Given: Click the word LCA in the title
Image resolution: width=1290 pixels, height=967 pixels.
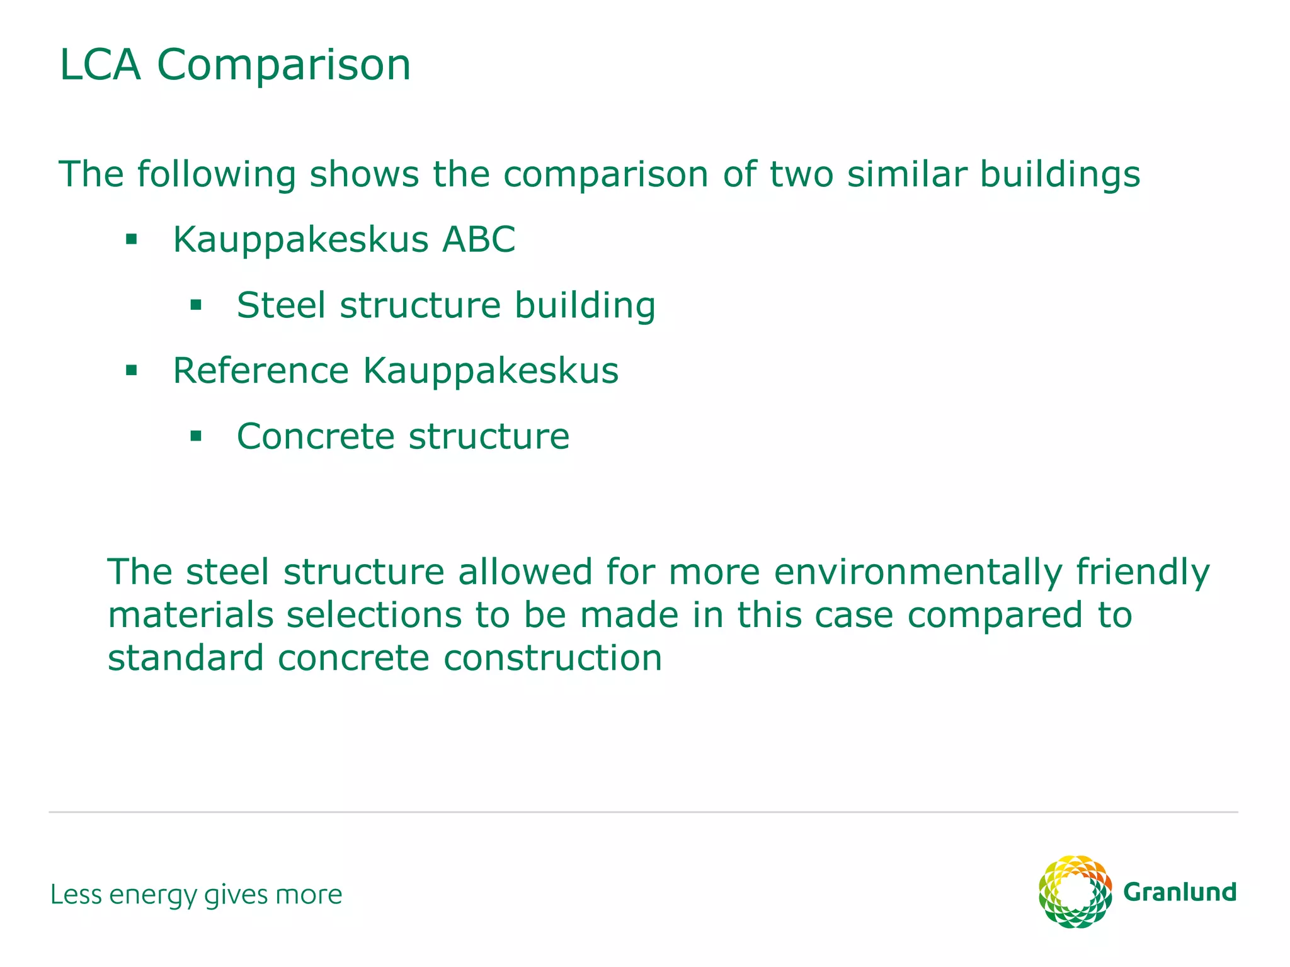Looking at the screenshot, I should point(100,65).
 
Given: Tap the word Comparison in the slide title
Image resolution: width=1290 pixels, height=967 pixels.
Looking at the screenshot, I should point(284,66).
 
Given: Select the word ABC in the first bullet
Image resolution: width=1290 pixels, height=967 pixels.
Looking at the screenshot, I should point(479,240).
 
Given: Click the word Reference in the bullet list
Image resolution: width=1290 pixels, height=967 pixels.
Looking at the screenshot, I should point(261,371).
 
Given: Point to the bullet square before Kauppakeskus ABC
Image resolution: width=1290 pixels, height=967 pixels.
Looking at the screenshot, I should point(131,239).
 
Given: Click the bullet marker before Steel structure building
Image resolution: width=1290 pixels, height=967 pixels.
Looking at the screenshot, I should point(196,305).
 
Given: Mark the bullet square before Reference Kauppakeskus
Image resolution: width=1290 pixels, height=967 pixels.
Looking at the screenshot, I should point(131,370).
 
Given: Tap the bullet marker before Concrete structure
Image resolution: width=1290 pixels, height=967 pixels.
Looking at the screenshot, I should point(196,436).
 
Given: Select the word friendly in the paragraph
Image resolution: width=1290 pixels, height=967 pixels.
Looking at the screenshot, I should point(1143,573).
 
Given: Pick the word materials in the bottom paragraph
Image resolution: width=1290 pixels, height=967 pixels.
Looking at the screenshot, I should point(191,615).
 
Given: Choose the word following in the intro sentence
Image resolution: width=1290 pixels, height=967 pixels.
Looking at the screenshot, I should point(217,176).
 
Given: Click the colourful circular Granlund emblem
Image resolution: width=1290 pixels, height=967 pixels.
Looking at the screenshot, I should point(1075,891).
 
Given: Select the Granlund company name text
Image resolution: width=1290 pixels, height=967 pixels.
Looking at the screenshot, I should point(1180,892).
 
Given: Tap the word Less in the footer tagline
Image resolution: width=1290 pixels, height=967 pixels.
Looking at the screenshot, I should point(76,895).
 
